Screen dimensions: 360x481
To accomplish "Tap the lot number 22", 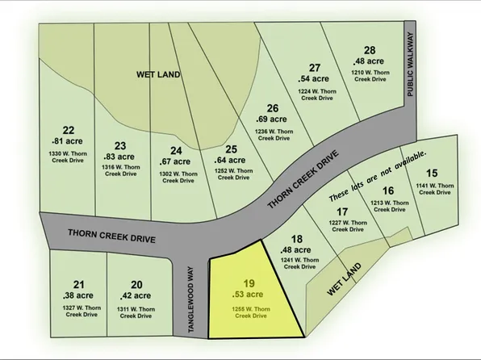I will (69, 129).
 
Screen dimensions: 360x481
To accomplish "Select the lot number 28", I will (370, 50).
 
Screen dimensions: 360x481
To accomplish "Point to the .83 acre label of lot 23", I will (119, 157).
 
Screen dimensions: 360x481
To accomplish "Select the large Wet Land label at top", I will (157, 75).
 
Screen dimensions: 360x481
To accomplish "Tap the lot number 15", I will (432, 173).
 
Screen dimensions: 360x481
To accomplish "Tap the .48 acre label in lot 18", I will (297, 249).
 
